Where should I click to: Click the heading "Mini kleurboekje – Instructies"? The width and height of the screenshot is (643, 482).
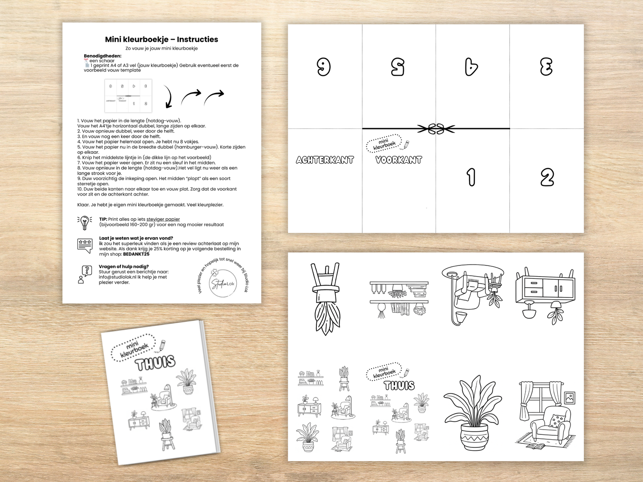(x=162, y=40)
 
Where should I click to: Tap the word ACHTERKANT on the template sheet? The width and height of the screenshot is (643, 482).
(x=325, y=160)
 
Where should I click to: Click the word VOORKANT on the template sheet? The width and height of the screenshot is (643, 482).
(x=399, y=160)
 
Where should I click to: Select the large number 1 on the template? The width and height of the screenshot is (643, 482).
(x=471, y=177)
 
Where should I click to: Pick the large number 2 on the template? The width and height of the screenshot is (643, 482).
(x=547, y=178)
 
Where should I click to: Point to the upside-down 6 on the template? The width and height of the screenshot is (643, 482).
(x=324, y=67)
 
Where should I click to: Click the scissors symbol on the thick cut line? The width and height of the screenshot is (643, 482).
(x=436, y=129)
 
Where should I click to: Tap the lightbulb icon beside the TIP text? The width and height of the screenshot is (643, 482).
(x=85, y=222)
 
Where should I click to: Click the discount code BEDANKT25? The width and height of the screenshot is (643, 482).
(x=136, y=254)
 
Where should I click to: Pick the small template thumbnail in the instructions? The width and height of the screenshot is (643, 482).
(x=128, y=96)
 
